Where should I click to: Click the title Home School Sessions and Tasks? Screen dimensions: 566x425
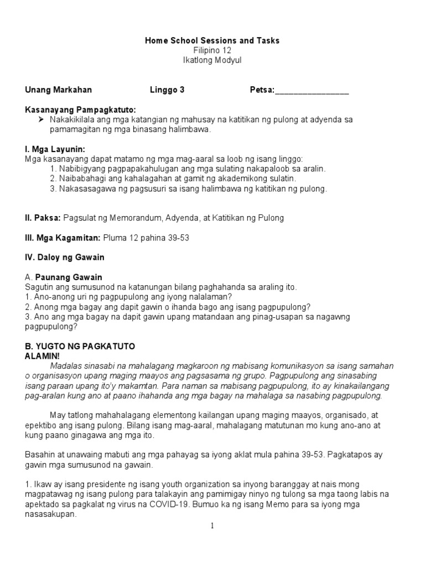click(x=212, y=40)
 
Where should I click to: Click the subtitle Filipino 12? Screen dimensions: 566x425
click(x=212, y=50)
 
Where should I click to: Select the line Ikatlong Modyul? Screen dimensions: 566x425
click(x=212, y=60)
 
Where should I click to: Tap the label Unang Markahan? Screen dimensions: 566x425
click(x=59, y=90)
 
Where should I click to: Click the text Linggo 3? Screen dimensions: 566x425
click(x=167, y=90)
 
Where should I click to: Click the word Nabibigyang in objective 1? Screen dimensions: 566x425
click(x=78, y=169)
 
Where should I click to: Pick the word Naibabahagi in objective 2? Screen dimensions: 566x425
click(x=78, y=179)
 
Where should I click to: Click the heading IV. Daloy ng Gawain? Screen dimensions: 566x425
click(x=65, y=258)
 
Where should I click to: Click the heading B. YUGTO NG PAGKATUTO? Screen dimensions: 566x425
click(x=80, y=347)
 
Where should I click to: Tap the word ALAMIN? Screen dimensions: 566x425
click(x=42, y=356)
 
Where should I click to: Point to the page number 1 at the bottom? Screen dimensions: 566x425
click(x=212, y=526)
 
